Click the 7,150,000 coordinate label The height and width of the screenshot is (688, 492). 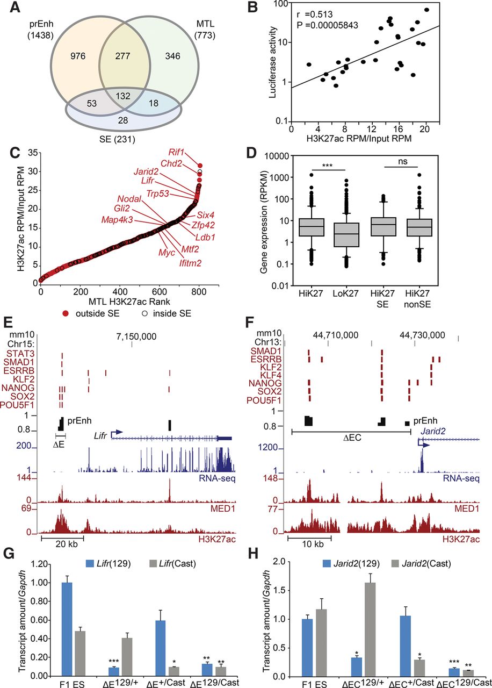click(x=136, y=337)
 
